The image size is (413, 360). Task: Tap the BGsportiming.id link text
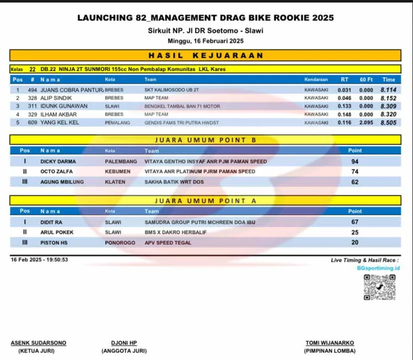point(379,268)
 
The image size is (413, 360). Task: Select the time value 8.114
point(389,90)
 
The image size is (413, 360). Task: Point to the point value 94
point(355,162)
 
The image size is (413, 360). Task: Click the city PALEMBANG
point(121,162)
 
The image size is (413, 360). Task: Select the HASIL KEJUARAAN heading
point(206,55)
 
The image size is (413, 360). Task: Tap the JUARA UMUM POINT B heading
point(206,140)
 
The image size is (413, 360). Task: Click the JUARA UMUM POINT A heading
point(206,201)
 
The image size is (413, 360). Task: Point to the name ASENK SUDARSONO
point(38,343)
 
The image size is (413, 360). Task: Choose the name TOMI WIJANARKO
point(330,343)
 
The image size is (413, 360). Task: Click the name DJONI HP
point(124,343)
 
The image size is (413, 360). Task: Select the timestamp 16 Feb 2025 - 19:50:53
point(39,260)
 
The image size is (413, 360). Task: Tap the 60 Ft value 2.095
point(366,122)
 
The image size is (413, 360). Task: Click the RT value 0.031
point(345,90)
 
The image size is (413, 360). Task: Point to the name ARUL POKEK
point(57,232)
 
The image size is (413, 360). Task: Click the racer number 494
point(32,90)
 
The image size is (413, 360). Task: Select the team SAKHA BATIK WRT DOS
point(174,182)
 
